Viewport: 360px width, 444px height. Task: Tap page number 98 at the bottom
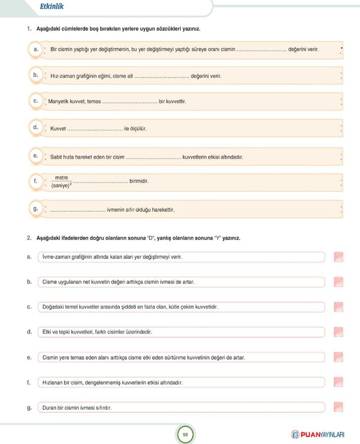[185, 435]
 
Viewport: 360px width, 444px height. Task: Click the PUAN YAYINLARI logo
[318, 435]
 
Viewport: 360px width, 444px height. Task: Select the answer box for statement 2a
[338, 257]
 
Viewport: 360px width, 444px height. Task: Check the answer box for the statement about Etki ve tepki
[338, 332]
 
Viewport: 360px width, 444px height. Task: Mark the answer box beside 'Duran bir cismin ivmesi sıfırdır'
[338, 407]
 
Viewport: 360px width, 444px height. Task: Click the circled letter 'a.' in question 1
[36, 50]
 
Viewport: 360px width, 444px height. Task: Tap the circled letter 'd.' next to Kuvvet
[36, 127]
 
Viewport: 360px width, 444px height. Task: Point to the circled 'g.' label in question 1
[36, 209]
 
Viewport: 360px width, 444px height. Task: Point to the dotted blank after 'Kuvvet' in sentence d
[95, 129]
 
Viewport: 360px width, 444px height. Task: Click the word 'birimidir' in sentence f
[139, 181]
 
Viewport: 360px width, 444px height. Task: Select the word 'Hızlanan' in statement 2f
[54, 382]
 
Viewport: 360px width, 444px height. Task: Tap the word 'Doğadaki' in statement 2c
[54, 307]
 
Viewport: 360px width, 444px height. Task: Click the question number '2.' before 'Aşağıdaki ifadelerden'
[29, 238]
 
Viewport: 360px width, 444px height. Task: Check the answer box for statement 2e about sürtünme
[338, 357]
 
